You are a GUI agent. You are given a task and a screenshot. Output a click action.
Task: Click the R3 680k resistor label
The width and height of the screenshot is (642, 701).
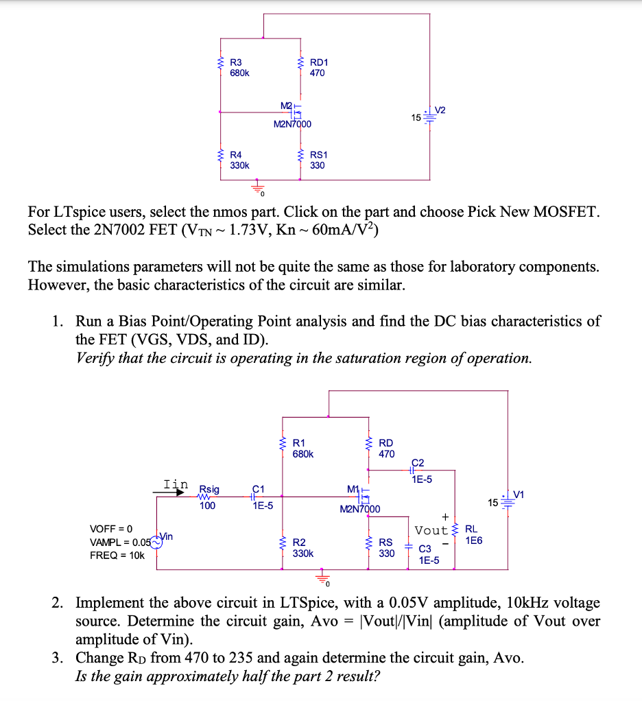pos(239,67)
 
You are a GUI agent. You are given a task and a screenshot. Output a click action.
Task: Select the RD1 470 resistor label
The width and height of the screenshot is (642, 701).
pos(318,67)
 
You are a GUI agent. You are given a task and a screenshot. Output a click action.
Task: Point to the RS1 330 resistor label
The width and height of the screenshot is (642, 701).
pos(318,161)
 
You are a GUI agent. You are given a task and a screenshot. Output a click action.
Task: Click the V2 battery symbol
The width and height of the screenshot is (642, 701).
pos(430,117)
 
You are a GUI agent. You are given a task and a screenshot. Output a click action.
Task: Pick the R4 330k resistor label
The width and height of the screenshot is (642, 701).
pos(239,161)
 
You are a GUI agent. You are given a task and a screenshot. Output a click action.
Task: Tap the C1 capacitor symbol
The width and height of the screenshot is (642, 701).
pos(256,495)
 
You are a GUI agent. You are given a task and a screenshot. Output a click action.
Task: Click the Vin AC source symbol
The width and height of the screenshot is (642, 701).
pos(157,541)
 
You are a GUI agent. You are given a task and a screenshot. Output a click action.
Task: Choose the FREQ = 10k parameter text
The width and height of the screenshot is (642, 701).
pos(117,555)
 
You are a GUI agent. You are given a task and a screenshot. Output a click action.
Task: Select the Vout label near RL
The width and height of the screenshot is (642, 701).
pos(431,530)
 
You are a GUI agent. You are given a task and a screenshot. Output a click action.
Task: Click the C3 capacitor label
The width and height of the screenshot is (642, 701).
pos(425,549)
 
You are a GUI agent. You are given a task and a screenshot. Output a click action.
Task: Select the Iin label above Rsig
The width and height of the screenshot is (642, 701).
pos(175,484)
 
